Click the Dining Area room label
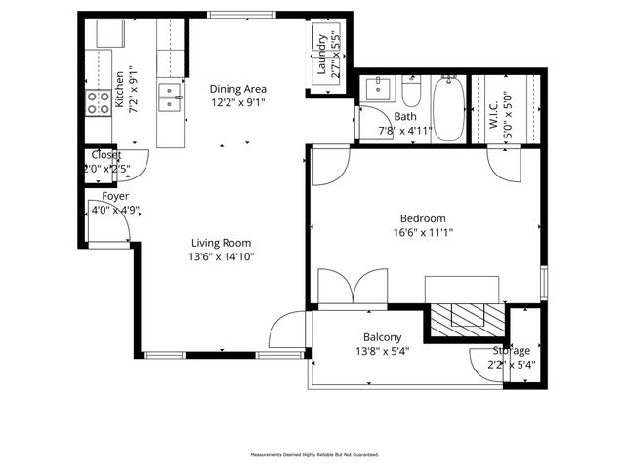(237, 88)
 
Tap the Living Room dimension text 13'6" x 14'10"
(221, 257)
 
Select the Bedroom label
(423, 218)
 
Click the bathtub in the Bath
(449, 110)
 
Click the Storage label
(511, 351)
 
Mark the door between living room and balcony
(289, 329)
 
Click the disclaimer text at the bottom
(315, 454)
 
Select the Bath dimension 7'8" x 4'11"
(404, 131)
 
